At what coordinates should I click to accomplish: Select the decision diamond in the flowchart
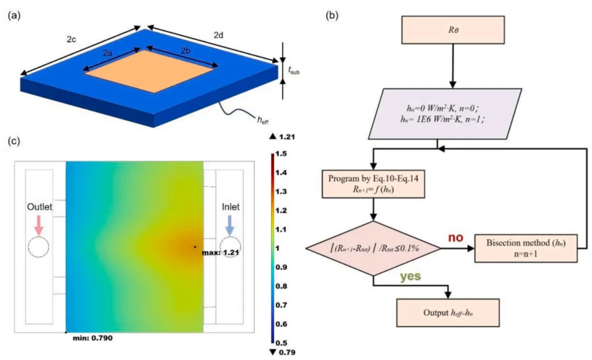point(373,249)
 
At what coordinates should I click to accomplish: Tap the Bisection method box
point(526,249)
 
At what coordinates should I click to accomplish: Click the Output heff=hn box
point(448,313)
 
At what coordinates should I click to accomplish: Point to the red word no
point(455,238)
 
